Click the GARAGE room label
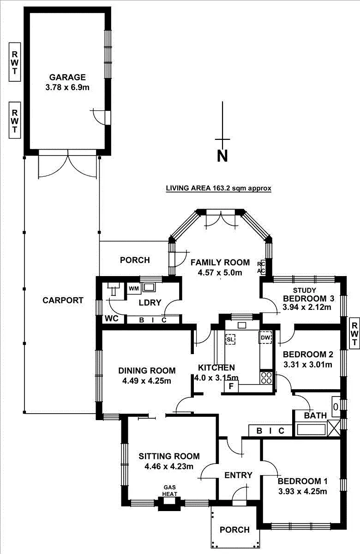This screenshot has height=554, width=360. click(x=68, y=78)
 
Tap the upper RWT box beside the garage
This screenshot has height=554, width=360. click(x=15, y=62)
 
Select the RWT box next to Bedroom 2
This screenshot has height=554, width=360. click(x=354, y=333)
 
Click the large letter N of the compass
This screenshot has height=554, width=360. click(x=222, y=156)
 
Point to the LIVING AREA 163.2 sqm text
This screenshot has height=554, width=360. click(x=218, y=188)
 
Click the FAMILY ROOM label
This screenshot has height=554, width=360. click(x=220, y=263)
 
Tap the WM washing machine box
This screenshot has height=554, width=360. click(x=134, y=289)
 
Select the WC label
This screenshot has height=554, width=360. click(x=112, y=319)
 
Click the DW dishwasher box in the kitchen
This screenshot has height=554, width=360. click(x=265, y=338)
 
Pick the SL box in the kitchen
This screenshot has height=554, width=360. click(x=230, y=339)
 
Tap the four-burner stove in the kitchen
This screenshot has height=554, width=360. click(x=266, y=378)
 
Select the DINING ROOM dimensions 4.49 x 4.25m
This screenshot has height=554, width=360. click(x=147, y=381)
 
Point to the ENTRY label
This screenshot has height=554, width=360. click(x=238, y=476)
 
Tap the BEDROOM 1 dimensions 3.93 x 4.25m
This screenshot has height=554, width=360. click(x=303, y=491)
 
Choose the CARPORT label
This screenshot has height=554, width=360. click(x=63, y=301)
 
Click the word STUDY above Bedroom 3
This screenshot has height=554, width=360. click(x=305, y=290)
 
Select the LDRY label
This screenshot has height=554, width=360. click(x=150, y=303)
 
